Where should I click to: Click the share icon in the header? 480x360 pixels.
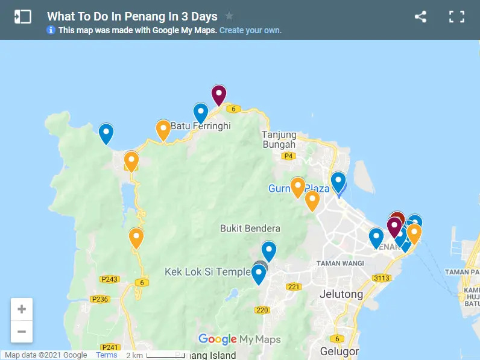(x=420, y=17)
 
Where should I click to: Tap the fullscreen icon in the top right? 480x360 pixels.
(x=456, y=17)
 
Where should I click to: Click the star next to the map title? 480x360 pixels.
(x=229, y=16)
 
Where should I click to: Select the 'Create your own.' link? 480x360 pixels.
(x=250, y=30)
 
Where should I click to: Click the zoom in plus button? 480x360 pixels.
(x=22, y=309)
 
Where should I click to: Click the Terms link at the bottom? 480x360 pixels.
(x=107, y=355)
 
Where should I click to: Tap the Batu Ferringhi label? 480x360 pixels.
(x=201, y=126)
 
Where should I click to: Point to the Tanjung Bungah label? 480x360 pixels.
(x=279, y=139)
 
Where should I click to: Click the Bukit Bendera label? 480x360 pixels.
(x=250, y=229)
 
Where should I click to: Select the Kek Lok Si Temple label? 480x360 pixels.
(x=207, y=272)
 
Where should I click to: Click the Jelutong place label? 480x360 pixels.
(x=340, y=294)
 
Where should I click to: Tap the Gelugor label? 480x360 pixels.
(x=339, y=351)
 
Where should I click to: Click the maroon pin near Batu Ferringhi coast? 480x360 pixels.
(x=218, y=95)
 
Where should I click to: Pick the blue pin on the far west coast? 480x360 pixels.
(x=106, y=133)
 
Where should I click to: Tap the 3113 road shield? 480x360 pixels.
(x=381, y=278)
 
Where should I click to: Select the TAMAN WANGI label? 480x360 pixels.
(x=341, y=264)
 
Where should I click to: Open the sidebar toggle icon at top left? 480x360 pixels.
(x=22, y=17)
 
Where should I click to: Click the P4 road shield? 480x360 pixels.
(x=289, y=156)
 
